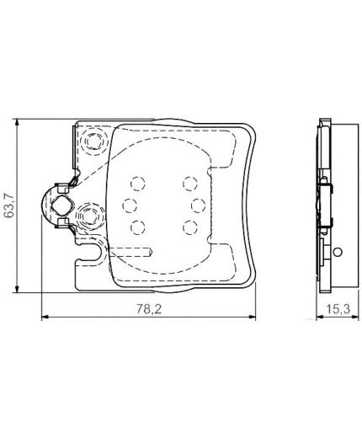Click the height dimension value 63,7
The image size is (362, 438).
click(10, 205)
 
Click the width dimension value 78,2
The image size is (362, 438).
click(149, 309)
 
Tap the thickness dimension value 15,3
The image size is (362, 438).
click(338, 309)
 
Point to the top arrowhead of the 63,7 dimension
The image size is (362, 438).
click(17, 122)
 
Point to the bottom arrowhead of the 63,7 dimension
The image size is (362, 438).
click(17, 289)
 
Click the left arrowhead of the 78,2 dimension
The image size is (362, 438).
click(45, 317)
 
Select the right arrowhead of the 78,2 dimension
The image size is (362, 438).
click(252, 317)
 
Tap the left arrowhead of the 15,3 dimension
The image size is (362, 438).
click(320, 317)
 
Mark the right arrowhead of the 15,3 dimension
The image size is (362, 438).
click(355, 317)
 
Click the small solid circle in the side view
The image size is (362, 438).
click(338, 252)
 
